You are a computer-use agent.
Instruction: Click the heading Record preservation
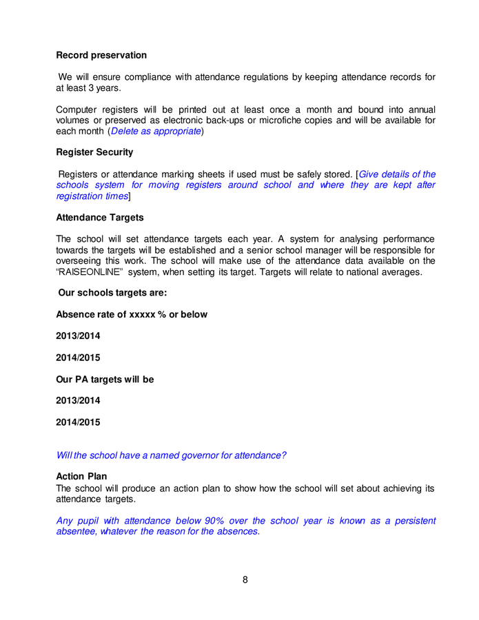coord(101,55)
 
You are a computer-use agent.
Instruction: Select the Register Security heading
coord(94,152)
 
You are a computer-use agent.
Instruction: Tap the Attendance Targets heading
coord(100,217)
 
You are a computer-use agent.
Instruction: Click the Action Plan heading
coord(81,476)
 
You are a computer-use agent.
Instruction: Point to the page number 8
coord(245,579)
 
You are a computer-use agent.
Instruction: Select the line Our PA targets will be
coord(105,379)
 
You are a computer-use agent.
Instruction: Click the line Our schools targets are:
coord(112,293)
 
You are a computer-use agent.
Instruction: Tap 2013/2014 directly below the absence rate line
coord(78,335)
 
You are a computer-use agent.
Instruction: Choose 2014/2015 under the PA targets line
coord(78,422)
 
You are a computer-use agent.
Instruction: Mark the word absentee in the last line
coord(76,532)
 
